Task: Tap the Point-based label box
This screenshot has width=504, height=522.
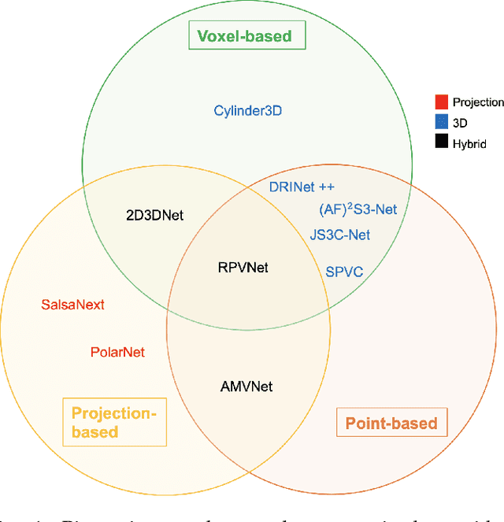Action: coord(391,423)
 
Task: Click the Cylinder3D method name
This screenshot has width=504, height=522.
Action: coord(248,110)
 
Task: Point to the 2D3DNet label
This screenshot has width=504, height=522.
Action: coord(154,214)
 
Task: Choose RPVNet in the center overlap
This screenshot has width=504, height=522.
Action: coord(243,268)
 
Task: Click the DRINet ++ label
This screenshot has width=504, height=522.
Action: coord(302,187)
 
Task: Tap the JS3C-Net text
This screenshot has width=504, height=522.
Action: coord(339,235)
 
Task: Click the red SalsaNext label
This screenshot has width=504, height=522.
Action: coord(72,305)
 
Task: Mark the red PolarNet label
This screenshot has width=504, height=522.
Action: coord(117,352)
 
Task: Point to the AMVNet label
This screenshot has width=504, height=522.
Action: coord(246,386)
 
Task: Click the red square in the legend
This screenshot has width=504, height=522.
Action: coord(442,102)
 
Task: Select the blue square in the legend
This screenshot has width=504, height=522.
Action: coord(442,123)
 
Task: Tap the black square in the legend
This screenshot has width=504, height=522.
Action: coord(442,143)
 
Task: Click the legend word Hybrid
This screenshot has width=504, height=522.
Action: coord(469,144)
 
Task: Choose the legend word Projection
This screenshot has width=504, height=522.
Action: coord(478,102)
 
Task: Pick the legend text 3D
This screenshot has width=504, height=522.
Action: coord(460,123)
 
